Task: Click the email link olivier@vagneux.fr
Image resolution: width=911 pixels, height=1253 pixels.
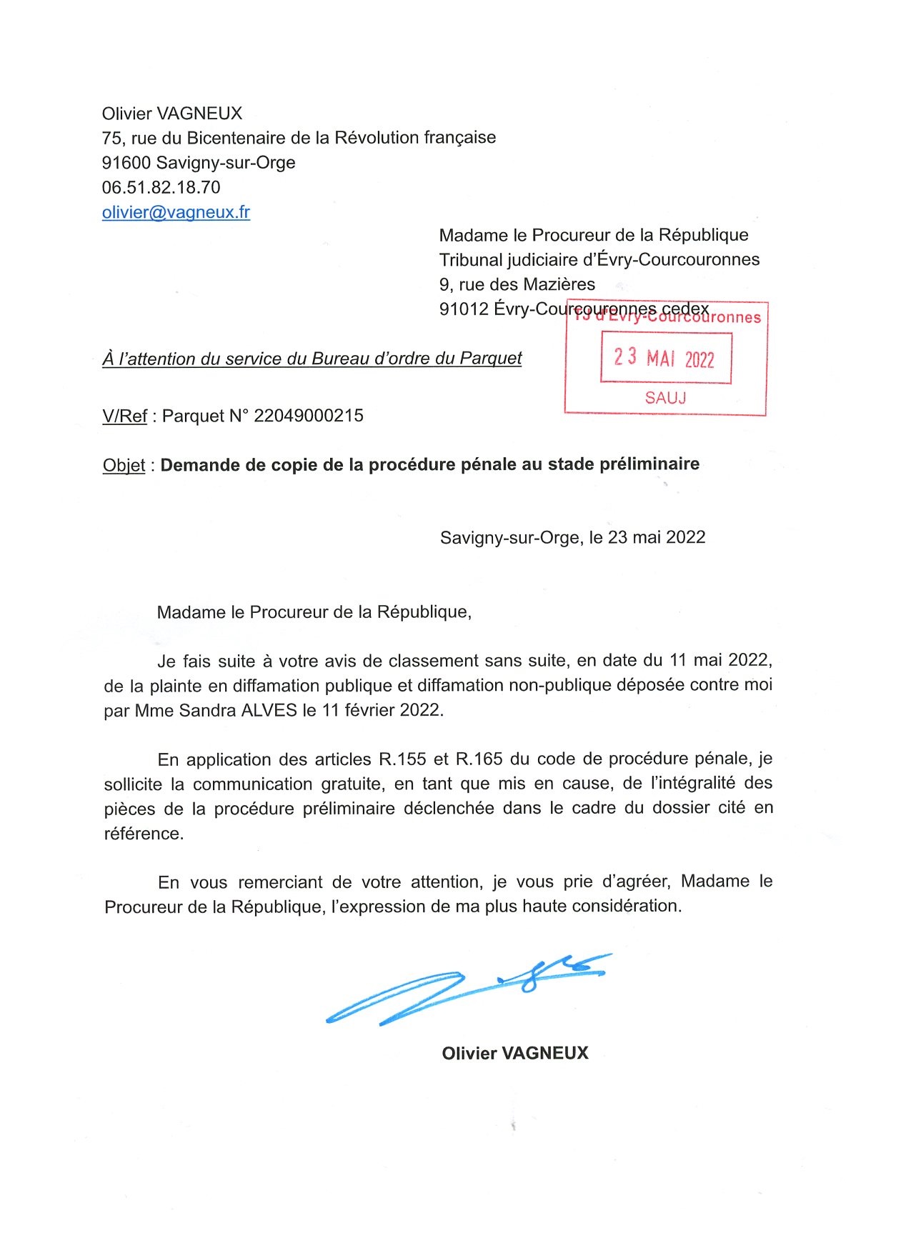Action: click(176, 212)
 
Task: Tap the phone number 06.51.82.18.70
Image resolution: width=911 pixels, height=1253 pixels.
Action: click(161, 188)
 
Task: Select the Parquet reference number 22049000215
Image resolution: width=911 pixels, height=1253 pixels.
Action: click(309, 416)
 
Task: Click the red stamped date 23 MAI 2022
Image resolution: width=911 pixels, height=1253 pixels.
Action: click(664, 357)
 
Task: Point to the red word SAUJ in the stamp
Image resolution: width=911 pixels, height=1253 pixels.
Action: click(665, 398)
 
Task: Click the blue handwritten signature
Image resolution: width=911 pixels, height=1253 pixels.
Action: click(464, 989)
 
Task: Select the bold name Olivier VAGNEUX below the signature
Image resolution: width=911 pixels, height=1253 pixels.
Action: click(514, 1053)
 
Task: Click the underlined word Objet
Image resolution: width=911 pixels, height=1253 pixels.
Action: click(124, 466)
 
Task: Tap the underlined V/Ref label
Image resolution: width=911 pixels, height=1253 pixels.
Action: click(124, 416)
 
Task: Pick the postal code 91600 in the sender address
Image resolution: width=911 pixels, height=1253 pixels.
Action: click(126, 163)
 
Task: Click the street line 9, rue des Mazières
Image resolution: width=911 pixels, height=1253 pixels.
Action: click(517, 284)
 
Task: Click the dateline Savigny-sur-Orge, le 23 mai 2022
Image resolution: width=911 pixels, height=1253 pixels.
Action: click(572, 537)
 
